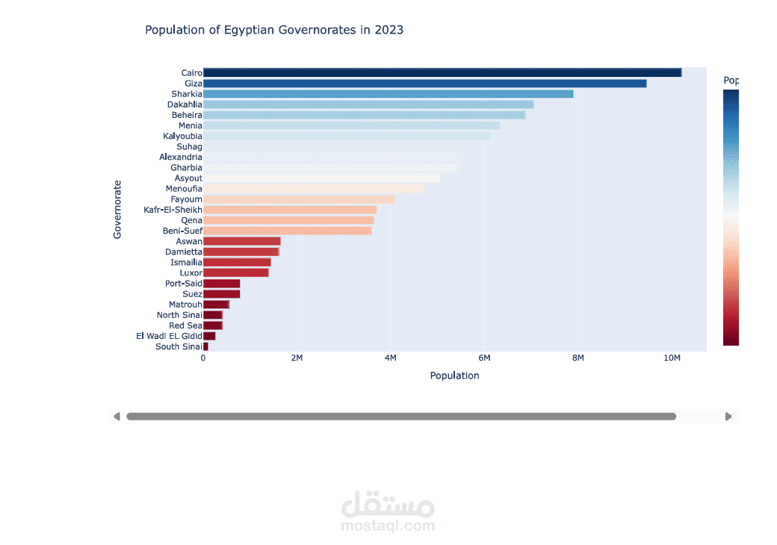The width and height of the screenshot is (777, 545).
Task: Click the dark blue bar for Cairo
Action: pos(442,72)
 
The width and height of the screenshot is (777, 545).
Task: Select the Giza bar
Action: pos(424,84)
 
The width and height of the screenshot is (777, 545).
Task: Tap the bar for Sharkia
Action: pos(388,94)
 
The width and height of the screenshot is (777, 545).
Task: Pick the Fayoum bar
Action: pos(299,199)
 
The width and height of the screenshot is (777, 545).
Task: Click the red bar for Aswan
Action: pos(242,242)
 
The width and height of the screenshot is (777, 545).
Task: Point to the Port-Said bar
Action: pos(221,284)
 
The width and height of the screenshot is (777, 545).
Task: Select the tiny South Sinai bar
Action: pos(205,346)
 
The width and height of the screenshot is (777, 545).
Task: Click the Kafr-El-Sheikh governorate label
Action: pos(173,210)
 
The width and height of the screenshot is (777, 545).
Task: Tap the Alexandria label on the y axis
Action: pos(180,157)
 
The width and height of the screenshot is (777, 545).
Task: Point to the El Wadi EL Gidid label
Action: pos(169,336)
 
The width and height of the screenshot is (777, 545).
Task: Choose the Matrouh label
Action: pos(185,305)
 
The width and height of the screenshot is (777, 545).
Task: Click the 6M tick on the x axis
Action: pos(484,358)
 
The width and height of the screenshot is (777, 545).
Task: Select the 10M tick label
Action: pos(672,358)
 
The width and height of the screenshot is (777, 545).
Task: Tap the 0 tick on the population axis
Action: pos(203,358)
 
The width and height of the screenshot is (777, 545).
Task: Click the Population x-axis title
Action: pos(454,376)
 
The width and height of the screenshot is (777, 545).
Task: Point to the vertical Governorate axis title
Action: pos(117,209)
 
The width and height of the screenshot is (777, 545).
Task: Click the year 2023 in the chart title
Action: pos(389,30)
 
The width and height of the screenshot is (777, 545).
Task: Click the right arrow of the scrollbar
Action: pos(728,417)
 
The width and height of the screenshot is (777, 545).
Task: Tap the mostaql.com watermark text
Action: pos(388,526)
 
